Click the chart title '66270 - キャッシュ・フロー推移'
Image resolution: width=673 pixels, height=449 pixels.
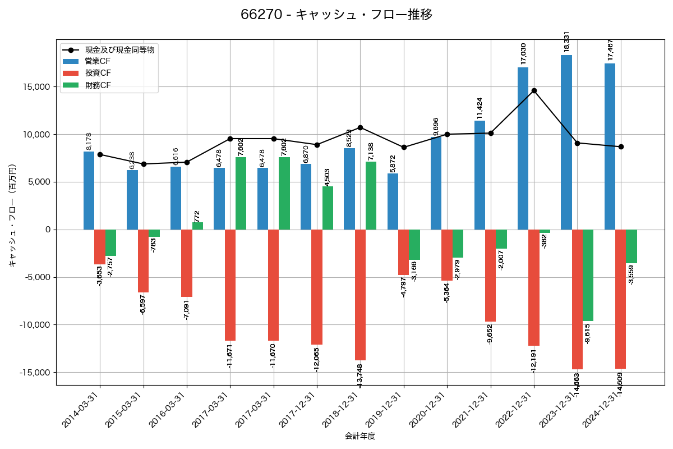(336, 15)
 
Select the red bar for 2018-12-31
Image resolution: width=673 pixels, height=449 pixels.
(360, 295)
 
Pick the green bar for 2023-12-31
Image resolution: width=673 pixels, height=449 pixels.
(588, 275)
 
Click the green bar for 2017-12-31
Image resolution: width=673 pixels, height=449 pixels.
(328, 208)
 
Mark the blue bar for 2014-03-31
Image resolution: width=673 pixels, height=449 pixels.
(89, 190)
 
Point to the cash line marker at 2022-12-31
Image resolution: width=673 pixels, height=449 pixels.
(534, 90)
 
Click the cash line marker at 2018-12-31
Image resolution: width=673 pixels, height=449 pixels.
(360, 127)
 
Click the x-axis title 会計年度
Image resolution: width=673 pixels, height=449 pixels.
(359, 436)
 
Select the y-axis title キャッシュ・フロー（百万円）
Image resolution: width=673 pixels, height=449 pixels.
(12, 216)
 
